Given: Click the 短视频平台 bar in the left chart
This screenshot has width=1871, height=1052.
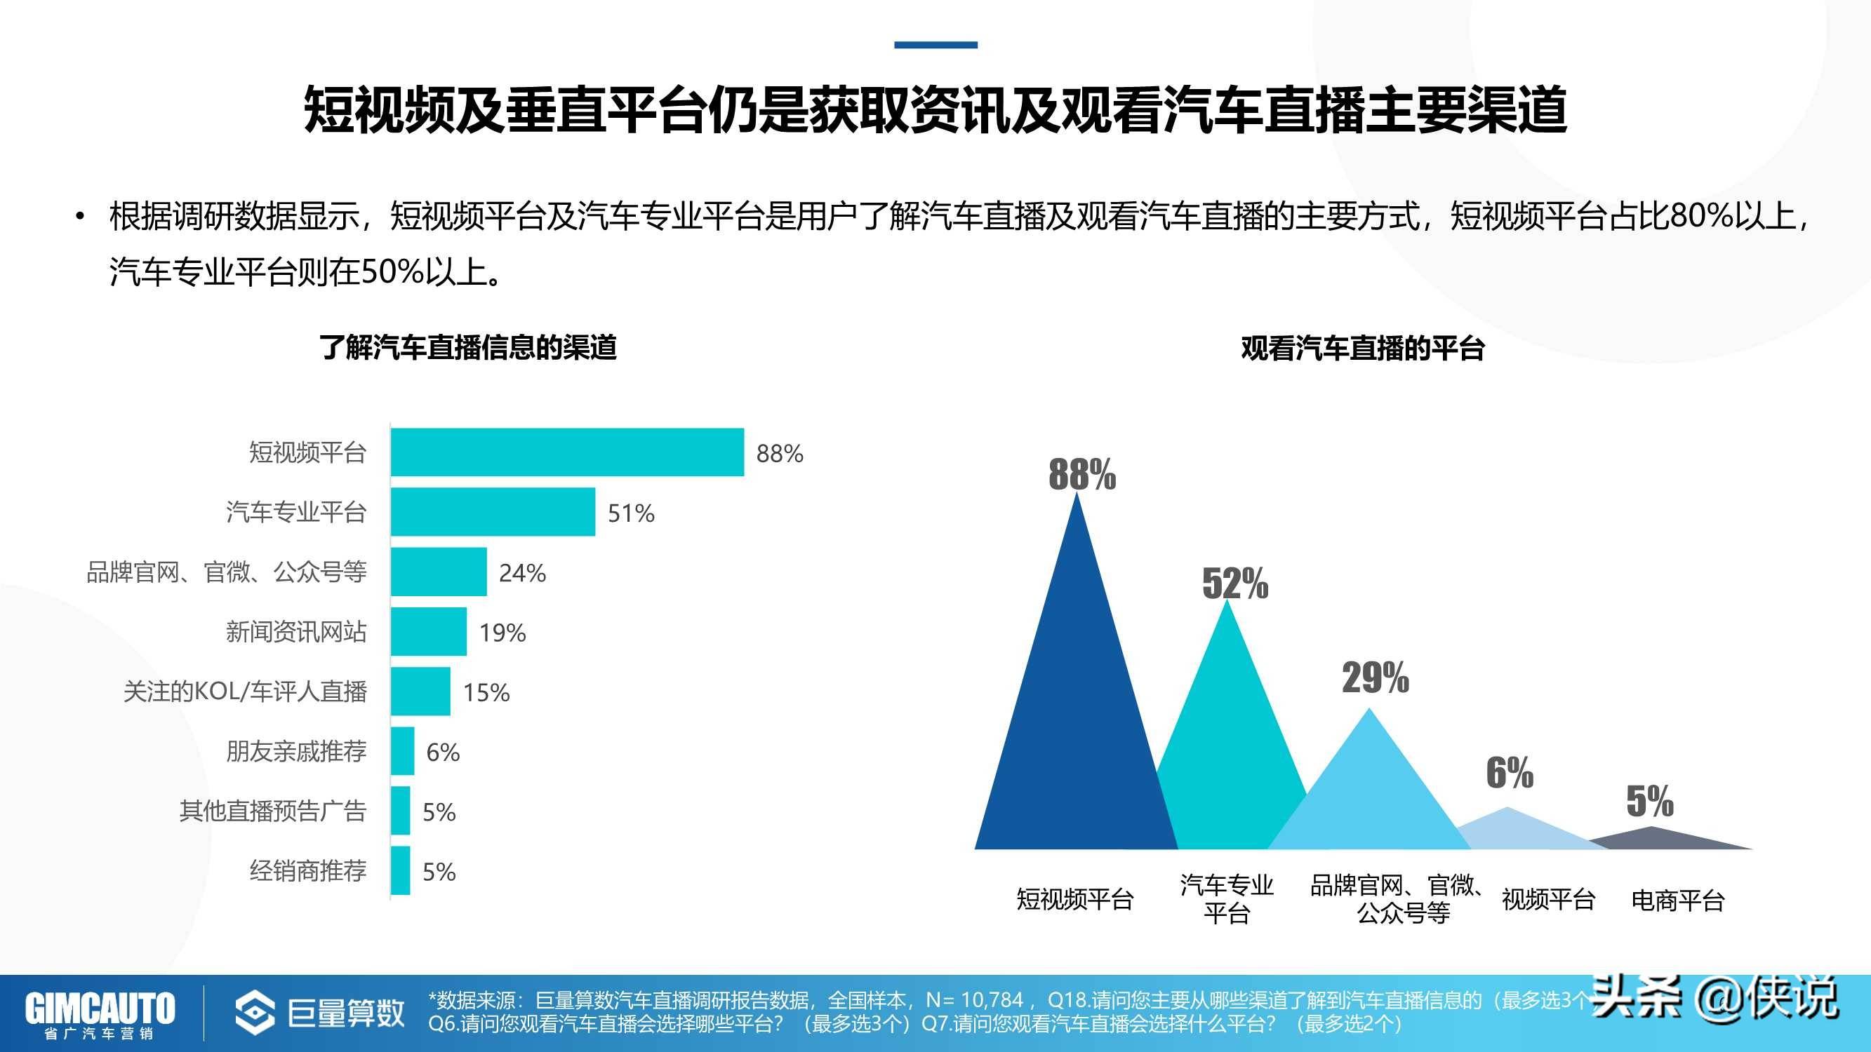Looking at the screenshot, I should click(566, 452).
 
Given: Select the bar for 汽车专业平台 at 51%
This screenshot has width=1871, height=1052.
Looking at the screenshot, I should click(493, 513).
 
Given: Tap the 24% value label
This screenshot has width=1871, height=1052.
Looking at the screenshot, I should click(522, 573).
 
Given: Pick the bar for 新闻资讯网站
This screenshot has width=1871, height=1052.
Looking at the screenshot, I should click(429, 632).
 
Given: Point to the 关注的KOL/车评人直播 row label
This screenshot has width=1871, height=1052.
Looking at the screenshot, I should click(245, 692).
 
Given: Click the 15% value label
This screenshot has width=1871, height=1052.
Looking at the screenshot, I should click(486, 693).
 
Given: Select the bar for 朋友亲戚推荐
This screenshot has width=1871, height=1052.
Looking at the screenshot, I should click(402, 751).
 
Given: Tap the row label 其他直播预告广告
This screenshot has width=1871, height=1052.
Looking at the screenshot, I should click(272, 810).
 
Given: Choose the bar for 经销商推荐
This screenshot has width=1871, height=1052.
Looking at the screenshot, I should click(400, 870).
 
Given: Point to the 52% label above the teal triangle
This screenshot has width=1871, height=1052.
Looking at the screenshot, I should click(1234, 583).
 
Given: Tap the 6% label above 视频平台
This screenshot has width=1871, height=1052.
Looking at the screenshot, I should click(1510, 772).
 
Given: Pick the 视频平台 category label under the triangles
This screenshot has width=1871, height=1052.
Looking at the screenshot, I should click(1547, 901).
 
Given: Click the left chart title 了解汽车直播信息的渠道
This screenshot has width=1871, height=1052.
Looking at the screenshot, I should click(469, 348).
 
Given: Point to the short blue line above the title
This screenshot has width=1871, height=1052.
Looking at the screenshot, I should click(935, 45).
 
